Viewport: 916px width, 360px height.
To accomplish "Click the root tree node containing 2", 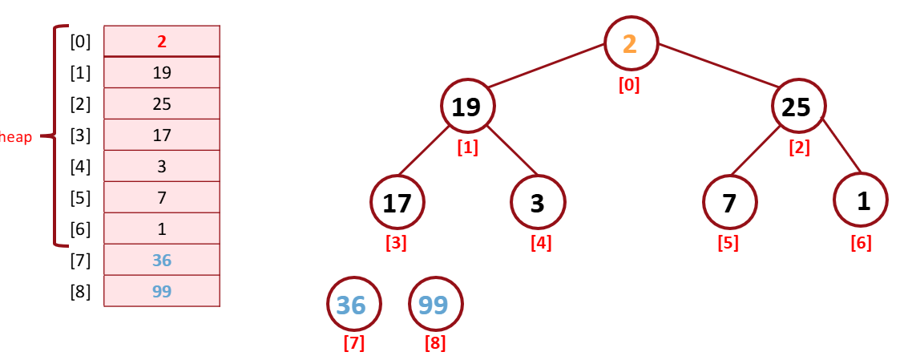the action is click(631, 42).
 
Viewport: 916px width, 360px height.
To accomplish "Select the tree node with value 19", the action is click(467, 106).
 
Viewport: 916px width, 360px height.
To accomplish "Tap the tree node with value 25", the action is click(798, 106).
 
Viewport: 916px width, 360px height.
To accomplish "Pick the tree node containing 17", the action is click(397, 202).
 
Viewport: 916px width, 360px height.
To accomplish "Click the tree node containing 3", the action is click(538, 202).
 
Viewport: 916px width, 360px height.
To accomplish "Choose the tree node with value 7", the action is click(729, 202).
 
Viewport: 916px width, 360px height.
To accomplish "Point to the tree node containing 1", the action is click(861, 200).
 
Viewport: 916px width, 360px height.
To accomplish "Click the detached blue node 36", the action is click(353, 305).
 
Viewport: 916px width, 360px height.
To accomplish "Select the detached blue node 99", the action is click(435, 305).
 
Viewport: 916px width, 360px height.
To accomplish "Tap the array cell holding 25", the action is click(162, 104).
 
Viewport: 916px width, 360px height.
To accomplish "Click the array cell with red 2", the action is click(162, 42).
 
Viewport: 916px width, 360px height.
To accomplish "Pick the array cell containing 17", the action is click(162, 136).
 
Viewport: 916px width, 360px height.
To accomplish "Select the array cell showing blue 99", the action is click(162, 291).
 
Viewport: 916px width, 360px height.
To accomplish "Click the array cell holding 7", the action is click(162, 197).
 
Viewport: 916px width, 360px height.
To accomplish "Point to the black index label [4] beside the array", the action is click(80, 167).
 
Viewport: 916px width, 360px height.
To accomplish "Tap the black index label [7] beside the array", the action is click(80, 260).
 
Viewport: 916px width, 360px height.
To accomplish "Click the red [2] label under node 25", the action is click(799, 148).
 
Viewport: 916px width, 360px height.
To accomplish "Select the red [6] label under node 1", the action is click(861, 243).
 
